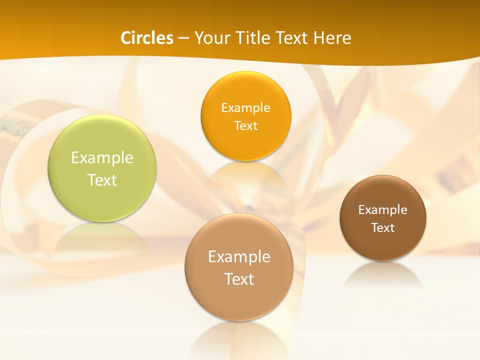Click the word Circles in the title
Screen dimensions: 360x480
147,38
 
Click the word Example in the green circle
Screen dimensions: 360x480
102,158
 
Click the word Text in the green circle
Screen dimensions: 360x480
102,180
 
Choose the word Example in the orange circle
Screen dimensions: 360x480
245,107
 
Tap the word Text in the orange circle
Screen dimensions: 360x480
245,125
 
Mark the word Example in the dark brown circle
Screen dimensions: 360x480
383,209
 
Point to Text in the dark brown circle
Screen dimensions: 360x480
383,228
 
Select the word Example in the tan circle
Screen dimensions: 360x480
239,256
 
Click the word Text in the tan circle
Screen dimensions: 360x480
239,279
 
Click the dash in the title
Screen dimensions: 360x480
183,38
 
